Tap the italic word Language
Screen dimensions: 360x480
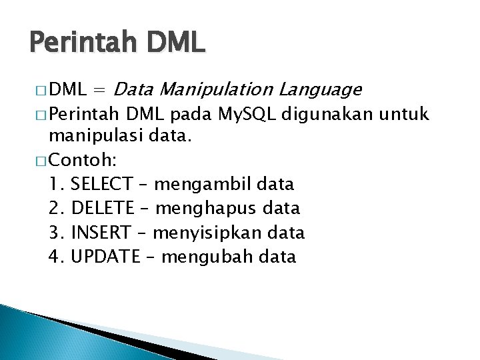coord(321,89)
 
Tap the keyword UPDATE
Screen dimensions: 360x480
coord(103,257)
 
